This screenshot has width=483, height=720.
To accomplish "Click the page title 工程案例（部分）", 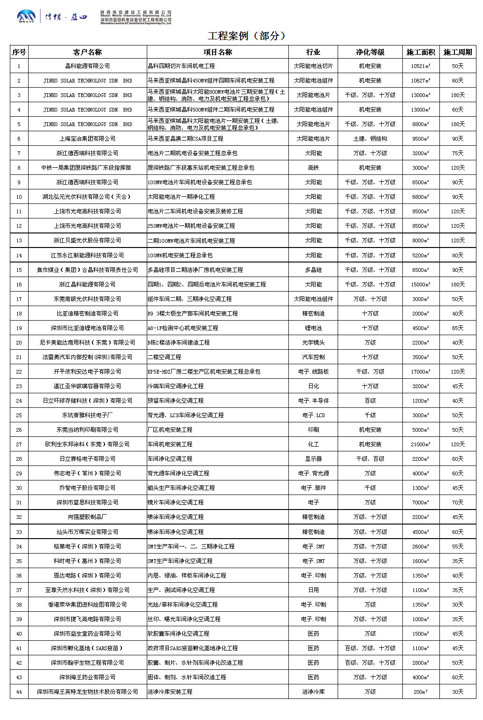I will click(x=247, y=36).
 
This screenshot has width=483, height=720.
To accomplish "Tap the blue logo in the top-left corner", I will click(x=26, y=17).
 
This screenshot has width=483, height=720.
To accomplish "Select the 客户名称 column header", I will click(x=87, y=52).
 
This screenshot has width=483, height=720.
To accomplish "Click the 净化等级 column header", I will click(x=370, y=52).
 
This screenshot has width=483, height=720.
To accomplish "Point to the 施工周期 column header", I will click(x=457, y=52).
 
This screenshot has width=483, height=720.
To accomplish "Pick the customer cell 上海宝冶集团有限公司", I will click(x=87, y=139).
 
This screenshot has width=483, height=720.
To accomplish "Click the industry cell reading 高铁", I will click(x=313, y=168).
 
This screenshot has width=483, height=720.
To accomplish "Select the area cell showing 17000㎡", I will click(x=421, y=372).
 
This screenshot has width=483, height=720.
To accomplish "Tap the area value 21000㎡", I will click(x=421, y=444).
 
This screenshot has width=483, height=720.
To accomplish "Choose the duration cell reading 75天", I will click(x=457, y=153).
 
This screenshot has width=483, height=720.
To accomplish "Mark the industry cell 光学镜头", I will click(x=313, y=343).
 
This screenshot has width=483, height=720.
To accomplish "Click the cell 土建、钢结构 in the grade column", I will click(x=370, y=139).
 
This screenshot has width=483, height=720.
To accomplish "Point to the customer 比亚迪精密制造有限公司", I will click(x=87, y=314).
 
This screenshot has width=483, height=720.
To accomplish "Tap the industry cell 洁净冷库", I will click(x=313, y=692).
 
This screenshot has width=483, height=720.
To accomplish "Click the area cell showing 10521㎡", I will click(x=421, y=66).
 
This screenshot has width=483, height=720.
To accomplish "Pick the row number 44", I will click(x=19, y=692).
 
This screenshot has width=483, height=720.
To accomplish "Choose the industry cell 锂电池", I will click(x=313, y=328).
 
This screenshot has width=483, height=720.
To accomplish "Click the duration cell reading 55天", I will click(x=457, y=547).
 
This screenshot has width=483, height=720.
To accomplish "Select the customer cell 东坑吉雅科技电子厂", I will click(x=87, y=415).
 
